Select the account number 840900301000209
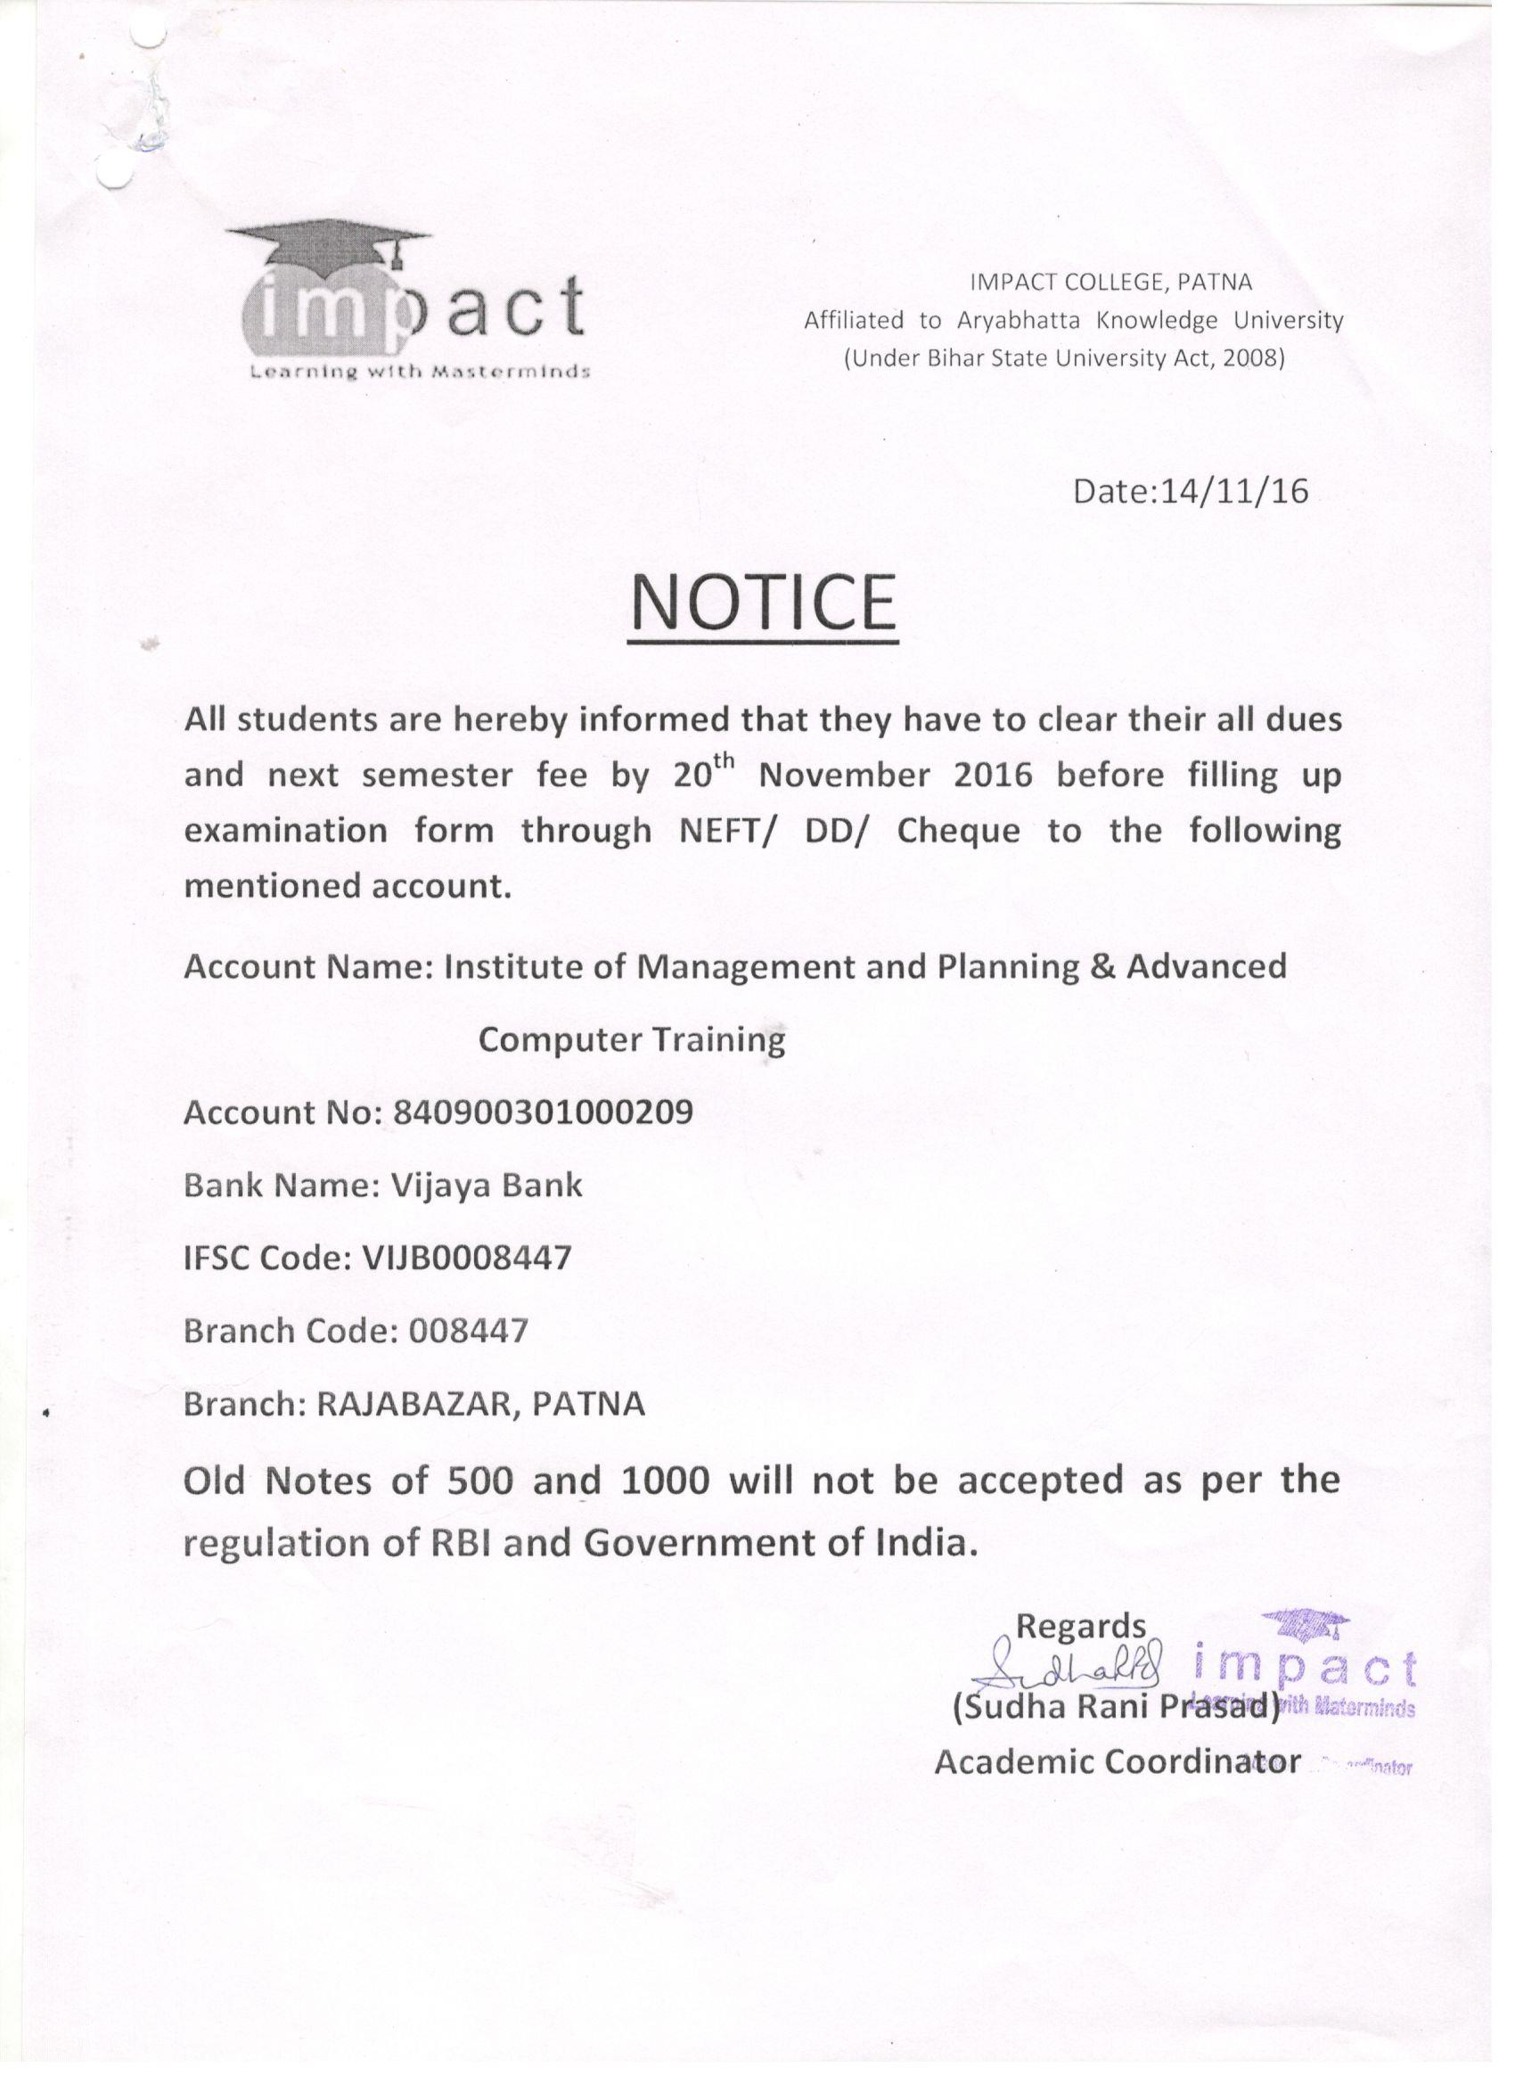pyautogui.click(x=542, y=1112)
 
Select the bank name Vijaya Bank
pyautogui.click(x=487, y=1186)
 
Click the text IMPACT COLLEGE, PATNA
pyautogui.click(x=1110, y=282)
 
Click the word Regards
pyautogui.click(x=1080, y=1627)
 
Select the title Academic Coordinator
pyautogui.click(x=1118, y=1761)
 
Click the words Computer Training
pyautogui.click(x=632, y=1039)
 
